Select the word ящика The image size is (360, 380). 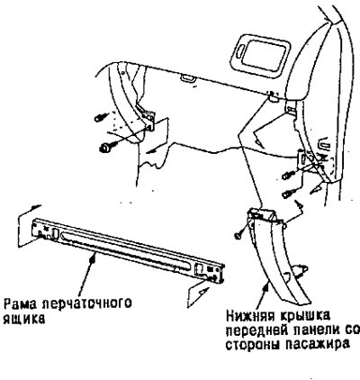[24, 319]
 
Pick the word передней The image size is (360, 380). [256, 330]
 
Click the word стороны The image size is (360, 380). [253, 345]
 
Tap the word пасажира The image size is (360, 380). [317, 345]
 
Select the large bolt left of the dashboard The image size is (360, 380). [107, 147]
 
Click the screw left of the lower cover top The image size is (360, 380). [240, 233]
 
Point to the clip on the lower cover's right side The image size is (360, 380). [301, 270]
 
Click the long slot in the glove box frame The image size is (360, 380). [125, 249]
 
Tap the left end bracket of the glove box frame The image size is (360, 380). [45, 231]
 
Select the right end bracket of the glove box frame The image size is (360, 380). [209, 271]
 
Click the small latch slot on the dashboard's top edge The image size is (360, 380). [188, 78]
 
